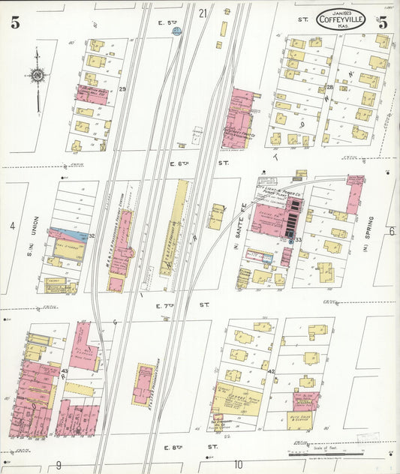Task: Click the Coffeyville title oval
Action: (341, 19)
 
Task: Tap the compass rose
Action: (36, 74)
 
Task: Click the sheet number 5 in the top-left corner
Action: (15, 22)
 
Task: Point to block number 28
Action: (329, 88)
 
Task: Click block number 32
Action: (92, 236)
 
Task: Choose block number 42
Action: (271, 371)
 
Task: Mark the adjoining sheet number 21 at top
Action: (203, 13)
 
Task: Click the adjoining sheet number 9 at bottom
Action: (58, 465)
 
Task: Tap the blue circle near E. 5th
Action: (177, 31)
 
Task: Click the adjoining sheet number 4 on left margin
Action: (12, 226)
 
